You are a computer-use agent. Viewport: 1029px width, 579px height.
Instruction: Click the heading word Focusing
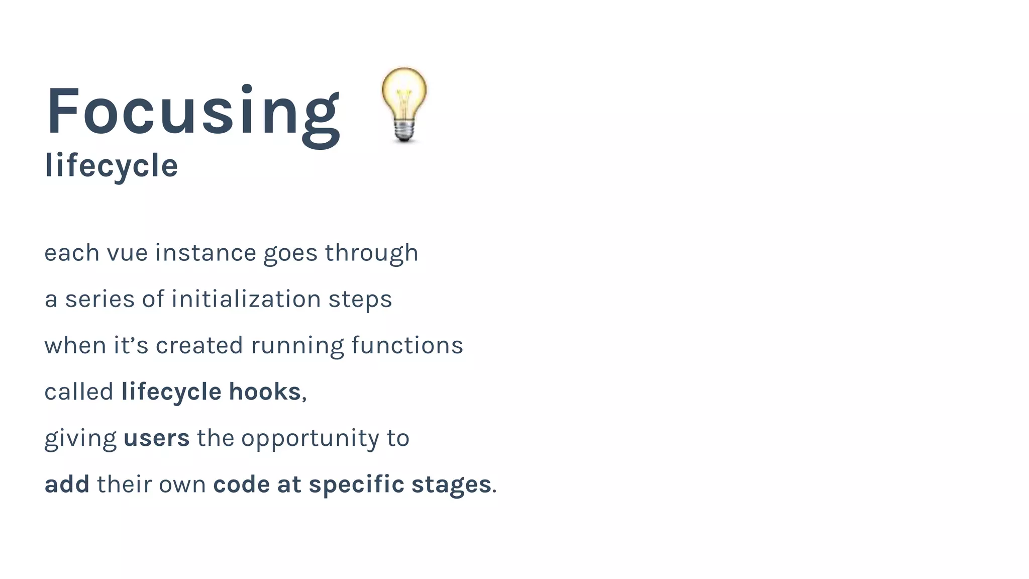click(x=193, y=112)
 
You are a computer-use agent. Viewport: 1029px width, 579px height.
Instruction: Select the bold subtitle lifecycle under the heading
click(x=111, y=165)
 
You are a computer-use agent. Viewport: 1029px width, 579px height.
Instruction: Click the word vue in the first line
click(x=127, y=253)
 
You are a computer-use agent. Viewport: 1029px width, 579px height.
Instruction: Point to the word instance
click(x=205, y=253)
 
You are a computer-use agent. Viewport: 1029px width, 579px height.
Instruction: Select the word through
click(x=371, y=253)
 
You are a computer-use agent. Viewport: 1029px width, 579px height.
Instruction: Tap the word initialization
click(x=246, y=300)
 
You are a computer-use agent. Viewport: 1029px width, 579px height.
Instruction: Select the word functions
click(x=407, y=346)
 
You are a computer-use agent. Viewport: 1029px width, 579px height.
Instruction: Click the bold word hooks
click(x=265, y=392)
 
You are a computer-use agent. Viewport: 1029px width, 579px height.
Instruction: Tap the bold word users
click(x=157, y=438)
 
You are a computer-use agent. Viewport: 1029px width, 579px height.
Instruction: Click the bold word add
click(x=67, y=485)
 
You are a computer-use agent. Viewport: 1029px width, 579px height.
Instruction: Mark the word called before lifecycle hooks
click(x=79, y=392)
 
